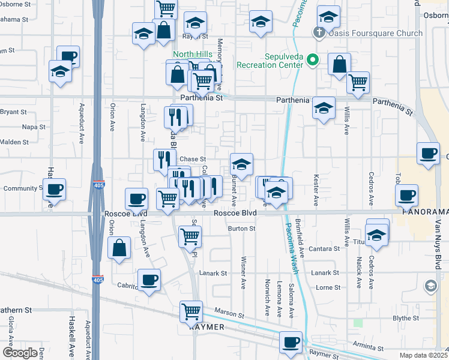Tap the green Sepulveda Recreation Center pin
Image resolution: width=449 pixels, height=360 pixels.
(312, 60)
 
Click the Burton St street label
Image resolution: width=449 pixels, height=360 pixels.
(242, 229)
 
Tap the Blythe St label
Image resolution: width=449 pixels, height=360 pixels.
(405, 318)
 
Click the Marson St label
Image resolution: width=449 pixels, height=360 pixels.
(230, 314)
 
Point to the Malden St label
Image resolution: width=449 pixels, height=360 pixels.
(17, 142)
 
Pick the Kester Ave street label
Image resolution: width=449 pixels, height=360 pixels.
(316, 188)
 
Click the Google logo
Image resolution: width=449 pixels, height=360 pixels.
(20, 353)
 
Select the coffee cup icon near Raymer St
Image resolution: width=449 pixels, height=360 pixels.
(291, 341)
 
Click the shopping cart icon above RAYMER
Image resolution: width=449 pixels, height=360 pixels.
(191, 311)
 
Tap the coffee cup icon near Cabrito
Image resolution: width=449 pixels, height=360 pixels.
(149, 279)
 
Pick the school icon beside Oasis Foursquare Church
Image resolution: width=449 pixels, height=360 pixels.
(328, 16)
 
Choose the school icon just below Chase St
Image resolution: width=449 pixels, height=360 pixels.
(241, 164)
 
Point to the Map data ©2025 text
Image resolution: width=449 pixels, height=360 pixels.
(424, 355)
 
